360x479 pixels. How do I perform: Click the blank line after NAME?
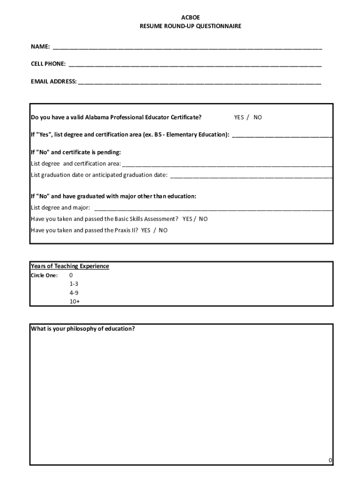187,47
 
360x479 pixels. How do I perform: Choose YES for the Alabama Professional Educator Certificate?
239,117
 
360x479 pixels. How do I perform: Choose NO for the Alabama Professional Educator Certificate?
258,117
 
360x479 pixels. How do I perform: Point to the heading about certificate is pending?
76,152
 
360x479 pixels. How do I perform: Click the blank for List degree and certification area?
227,164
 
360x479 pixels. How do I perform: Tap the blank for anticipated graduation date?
251,175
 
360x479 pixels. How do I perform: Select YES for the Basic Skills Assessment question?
188,219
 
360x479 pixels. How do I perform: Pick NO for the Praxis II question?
163,230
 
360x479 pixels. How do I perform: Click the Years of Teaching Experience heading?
70,266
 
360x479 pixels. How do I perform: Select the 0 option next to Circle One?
71,276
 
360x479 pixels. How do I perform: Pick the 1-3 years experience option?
74,284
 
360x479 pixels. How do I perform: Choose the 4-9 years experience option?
74,293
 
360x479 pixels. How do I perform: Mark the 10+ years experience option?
74,302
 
